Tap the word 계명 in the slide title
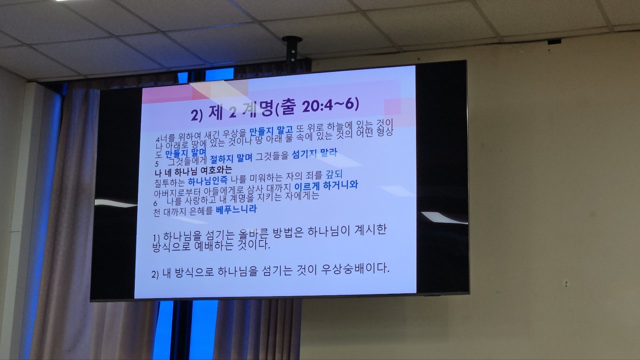tap(258, 110)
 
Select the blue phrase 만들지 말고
tap(271, 131)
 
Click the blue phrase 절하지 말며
tap(231, 158)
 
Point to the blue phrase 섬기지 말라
tap(314, 153)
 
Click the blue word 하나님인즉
tap(207, 180)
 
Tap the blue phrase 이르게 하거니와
tap(326, 186)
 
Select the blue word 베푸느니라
tap(236, 209)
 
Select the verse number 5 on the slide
tap(156, 164)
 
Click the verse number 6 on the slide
tap(155, 203)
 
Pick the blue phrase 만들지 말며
tap(185, 153)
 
